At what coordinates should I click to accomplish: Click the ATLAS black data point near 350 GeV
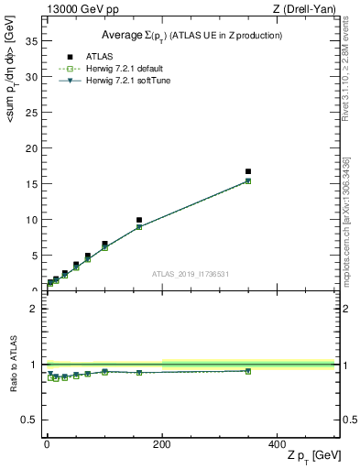[248, 171]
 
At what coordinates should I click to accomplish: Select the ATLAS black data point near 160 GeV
[139, 220]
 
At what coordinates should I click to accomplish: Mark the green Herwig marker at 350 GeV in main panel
[248, 181]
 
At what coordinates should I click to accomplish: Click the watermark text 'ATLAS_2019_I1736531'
[191, 274]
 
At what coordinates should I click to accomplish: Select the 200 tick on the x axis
[162, 443]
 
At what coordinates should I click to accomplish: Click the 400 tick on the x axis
[277, 443]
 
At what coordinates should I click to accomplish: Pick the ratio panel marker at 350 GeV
[248, 371]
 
